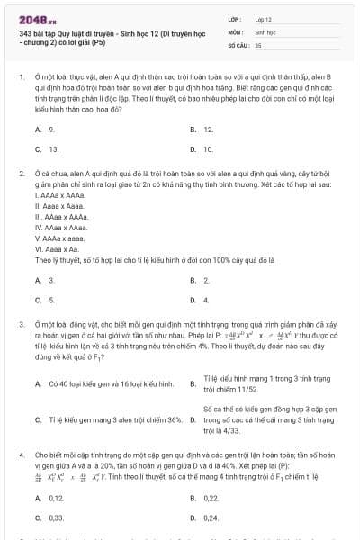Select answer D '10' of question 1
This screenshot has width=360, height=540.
(x=208, y=148)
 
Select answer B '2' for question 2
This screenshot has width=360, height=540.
(x=206, y=281)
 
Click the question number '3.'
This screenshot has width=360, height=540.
(x=21, y=323)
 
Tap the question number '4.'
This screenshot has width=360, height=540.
(x=21, y=456)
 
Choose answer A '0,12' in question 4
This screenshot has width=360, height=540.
(x=56, y=498)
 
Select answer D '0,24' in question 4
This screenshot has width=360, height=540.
(x=211, y=517)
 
